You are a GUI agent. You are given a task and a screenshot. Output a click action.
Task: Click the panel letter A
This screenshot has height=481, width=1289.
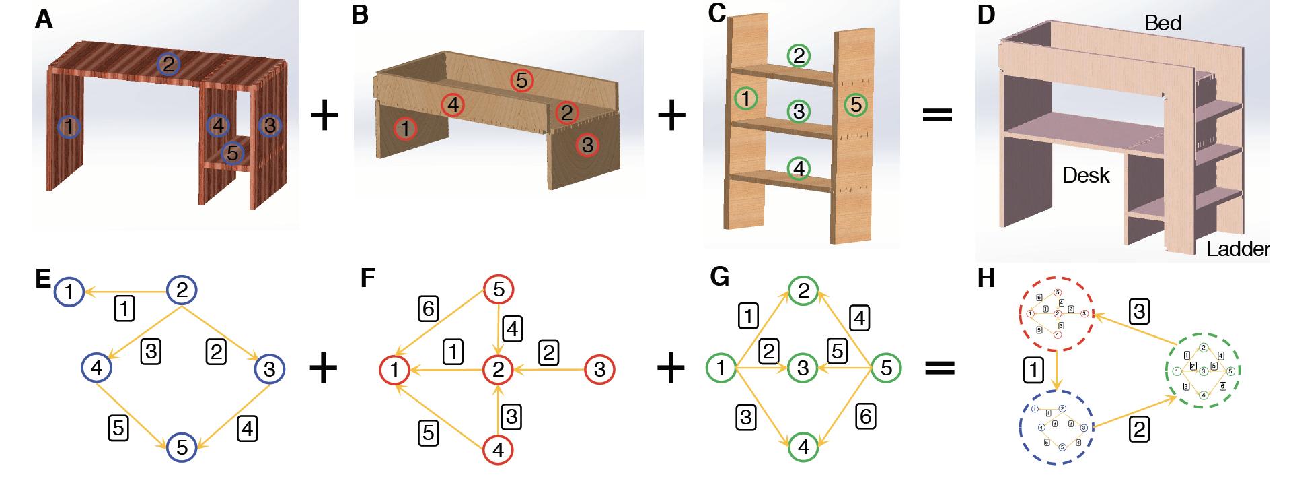click(44, 19)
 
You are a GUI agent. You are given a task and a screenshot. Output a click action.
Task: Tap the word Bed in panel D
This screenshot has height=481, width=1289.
click(1163, 24)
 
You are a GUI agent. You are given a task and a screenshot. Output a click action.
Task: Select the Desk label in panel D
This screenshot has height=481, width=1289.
click(1085, 176)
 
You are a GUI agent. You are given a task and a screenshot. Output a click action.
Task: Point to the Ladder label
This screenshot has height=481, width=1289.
click(1237, 249)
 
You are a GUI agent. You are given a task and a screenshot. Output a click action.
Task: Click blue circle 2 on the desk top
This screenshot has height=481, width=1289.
click(168, 65)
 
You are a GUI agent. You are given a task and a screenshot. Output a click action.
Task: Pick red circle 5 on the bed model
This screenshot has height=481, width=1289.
click(521, 81)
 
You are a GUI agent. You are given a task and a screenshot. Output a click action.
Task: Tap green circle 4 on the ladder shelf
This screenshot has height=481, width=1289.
click(799, 168)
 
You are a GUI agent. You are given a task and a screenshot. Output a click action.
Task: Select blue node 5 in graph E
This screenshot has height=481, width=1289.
click(182, 447)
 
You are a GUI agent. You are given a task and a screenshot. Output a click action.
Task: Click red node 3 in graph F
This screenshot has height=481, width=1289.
click(599, 369)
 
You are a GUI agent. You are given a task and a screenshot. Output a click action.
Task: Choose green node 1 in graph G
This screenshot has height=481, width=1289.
click(721, 368)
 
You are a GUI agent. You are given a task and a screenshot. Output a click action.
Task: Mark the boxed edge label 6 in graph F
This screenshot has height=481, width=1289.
click(429, 309)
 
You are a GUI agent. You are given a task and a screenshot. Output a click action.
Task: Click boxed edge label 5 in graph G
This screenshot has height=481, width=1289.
click(837, 351)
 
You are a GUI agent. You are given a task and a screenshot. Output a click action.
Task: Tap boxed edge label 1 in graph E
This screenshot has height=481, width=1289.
click(124, 309)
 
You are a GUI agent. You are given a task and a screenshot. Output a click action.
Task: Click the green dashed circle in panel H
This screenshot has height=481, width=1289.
click(1203, 371)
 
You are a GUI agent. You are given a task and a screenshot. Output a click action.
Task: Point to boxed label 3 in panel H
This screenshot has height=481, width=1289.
click(1139, 311)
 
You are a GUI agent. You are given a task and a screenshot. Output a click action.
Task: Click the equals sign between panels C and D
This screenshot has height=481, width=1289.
click(937, 115)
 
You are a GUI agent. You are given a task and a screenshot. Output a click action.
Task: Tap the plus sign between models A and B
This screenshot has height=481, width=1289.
click(324, 115)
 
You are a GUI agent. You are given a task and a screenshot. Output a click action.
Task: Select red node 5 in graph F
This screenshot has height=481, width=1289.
click(499, 290)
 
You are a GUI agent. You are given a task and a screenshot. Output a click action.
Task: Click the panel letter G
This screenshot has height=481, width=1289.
click(719, 277)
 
